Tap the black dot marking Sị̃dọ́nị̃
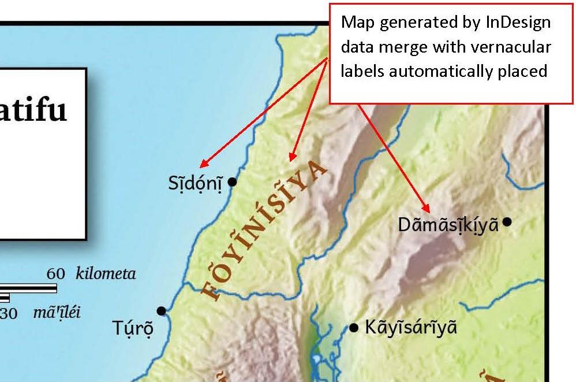click(233, 182)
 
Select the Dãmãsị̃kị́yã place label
click(448, 225)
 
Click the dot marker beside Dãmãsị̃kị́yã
click(507, 221)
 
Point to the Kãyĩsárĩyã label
click(411, 328)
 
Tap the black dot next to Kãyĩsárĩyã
click(354, 328)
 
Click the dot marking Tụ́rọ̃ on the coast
click(161, 311)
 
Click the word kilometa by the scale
click(106, 273)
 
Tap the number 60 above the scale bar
click(56, 273)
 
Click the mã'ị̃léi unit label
click(57, 313)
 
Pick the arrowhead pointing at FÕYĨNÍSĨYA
click(292, 157)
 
